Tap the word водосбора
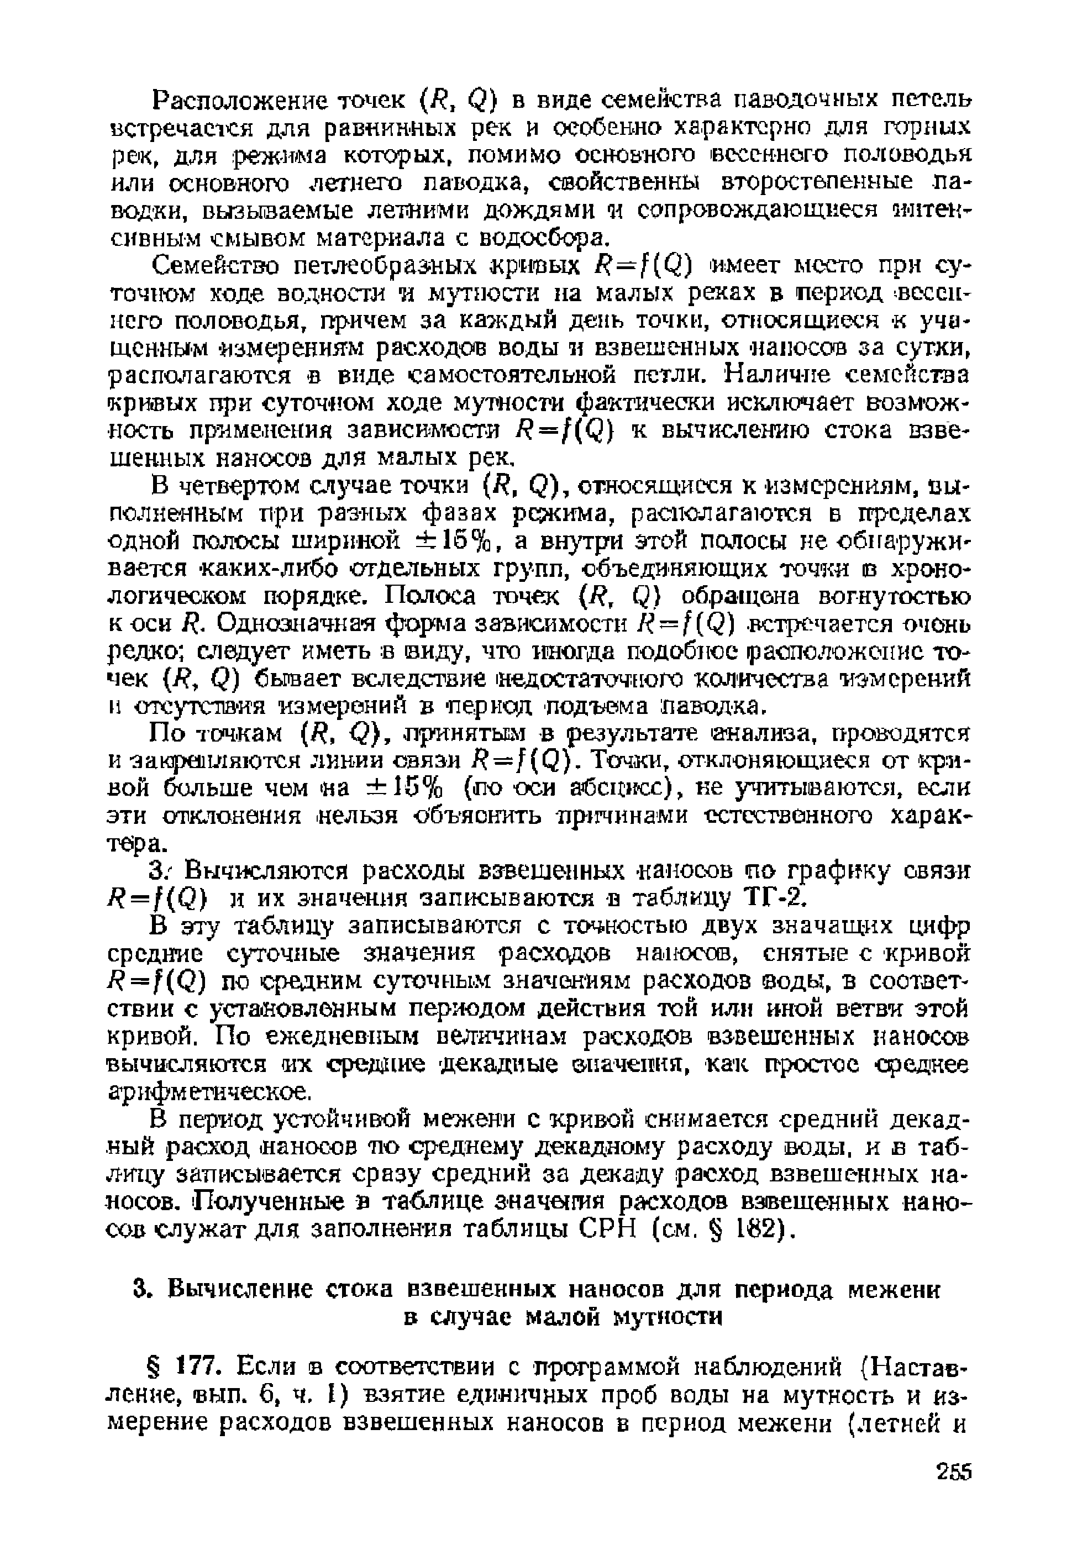546,238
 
